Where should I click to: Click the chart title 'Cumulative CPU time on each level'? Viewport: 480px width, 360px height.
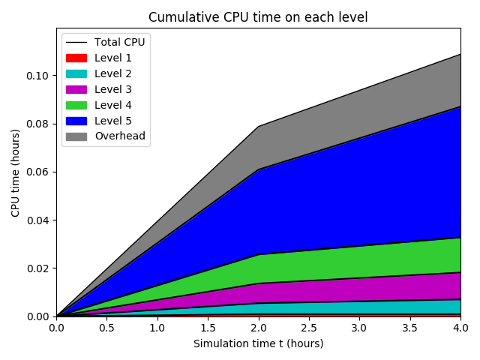258,17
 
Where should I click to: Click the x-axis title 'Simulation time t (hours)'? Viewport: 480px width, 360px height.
258,343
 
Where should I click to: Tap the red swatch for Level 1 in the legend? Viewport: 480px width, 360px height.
76,58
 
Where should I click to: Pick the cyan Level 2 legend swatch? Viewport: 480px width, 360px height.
76,73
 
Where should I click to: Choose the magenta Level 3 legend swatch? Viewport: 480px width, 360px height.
76,89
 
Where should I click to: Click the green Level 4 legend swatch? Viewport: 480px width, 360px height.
76,105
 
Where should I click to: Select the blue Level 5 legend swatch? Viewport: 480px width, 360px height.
76,121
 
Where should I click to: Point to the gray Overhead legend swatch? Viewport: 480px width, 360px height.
76,136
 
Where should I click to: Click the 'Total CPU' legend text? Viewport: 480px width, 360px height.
119,42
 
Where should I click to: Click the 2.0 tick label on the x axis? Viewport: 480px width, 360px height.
258,328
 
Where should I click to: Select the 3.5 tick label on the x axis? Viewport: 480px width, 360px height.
410,328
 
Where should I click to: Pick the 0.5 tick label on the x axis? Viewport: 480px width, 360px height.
106,328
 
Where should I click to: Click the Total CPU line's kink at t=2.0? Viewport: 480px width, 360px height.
258,126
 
